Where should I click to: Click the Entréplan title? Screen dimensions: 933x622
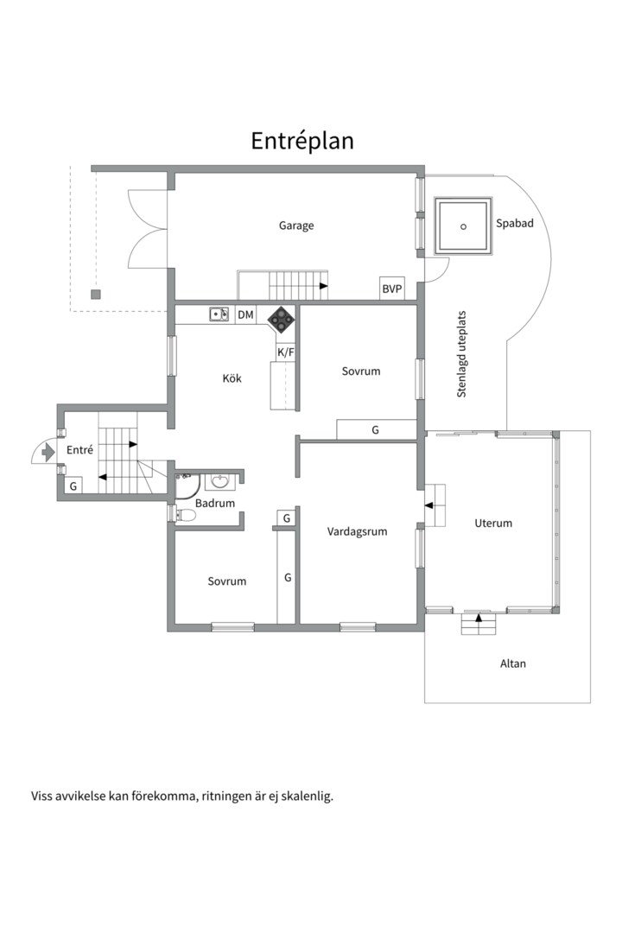point(302,141)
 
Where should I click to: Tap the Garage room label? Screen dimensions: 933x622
point(296,225)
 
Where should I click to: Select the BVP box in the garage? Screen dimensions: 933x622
point(392,289)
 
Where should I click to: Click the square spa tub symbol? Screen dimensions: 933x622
point(463,226)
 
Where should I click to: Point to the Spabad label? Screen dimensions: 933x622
point(515,223)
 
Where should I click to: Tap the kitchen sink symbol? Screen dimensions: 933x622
point(219,314)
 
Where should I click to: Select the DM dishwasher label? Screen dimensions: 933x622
point(246,315)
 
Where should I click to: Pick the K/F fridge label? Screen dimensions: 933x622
point(285,352)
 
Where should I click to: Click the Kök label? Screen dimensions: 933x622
point(232,378)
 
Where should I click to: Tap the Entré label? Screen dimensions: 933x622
point(79,450)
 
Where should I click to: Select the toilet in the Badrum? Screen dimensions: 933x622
point(184,515)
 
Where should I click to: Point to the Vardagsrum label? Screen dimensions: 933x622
point(357,532)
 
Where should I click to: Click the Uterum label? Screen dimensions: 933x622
point(493,524)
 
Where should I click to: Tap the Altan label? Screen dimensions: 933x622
point(512,663)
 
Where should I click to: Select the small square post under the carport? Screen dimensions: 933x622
point(96,294)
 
